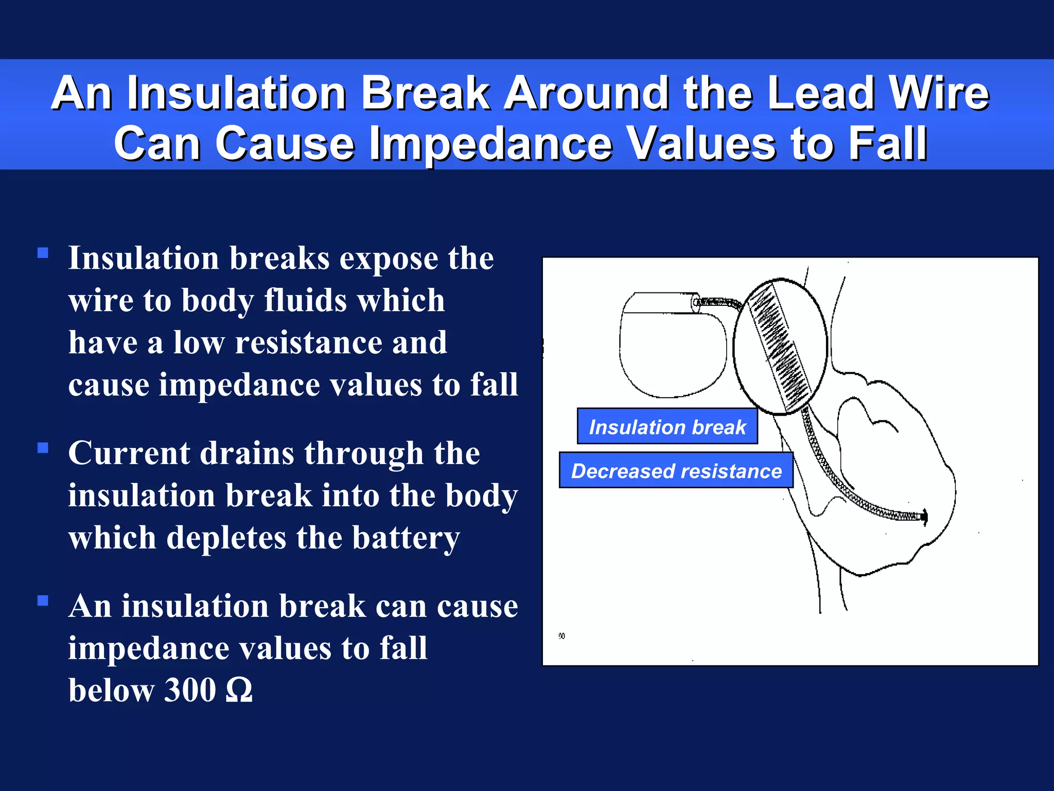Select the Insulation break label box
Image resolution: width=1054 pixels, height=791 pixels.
pos(667,427)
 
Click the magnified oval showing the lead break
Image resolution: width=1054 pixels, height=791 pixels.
pos(780,346)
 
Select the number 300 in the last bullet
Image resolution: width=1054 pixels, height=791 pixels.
pos(189,690)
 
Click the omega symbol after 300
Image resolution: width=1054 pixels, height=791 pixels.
pos(239,691)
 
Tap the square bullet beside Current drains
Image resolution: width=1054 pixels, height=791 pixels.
pos(43,448)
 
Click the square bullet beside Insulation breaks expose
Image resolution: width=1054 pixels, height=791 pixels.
pos(43,253)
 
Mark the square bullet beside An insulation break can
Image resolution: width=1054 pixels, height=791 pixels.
pos(43,600)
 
